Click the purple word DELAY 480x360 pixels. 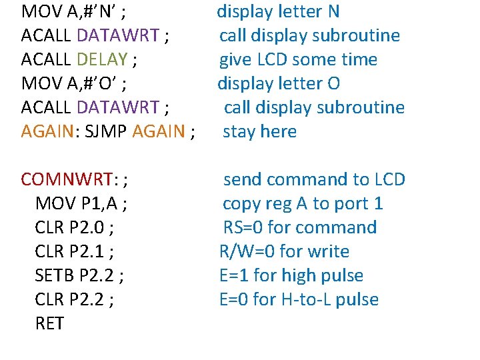tap(102, 59)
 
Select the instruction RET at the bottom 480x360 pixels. tap(49, 323)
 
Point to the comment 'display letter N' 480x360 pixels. tap(278, 11)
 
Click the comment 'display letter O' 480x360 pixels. tap(279, 83)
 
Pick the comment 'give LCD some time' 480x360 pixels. tap(299, 59)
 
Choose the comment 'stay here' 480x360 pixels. tap(259, 131)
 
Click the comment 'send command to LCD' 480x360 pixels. tap(314, 179)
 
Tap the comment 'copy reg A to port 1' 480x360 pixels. tap(303, 203)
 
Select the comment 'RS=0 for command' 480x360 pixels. tap(299, 227)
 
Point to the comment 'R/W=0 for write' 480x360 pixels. tap(284, 251)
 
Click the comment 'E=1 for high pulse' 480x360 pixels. tap(291, 275)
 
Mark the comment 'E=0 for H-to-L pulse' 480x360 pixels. tap(299, 299)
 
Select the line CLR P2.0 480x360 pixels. tap(73, 227)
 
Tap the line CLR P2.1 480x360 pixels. tap(73, 251)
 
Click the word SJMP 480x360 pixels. tap(107, 131)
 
